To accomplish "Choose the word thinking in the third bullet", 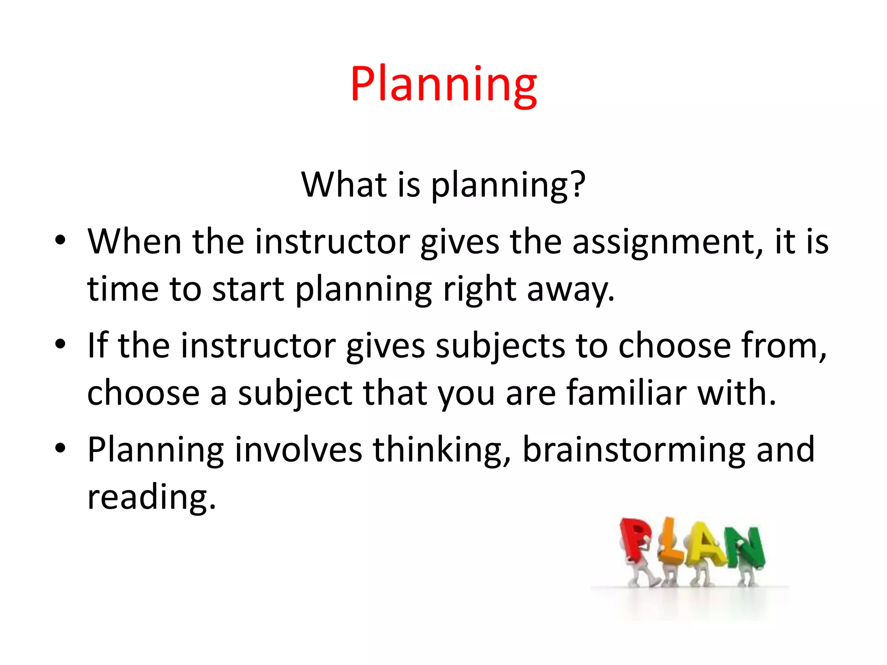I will [x=442, y=450].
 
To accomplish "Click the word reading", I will [x=151, y=498].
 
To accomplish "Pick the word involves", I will [x=298, y=450].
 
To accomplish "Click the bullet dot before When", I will [x=60, y=240].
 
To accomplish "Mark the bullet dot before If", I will [x=60, y=344].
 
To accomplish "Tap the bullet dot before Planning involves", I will [x=60, y=448].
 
